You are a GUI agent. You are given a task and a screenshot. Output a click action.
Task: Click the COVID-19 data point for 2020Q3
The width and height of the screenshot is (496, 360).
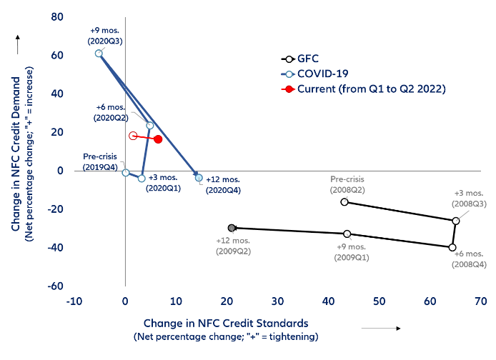tap(99, 54)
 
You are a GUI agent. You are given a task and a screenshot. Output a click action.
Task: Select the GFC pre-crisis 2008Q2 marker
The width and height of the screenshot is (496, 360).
tap(344, 202)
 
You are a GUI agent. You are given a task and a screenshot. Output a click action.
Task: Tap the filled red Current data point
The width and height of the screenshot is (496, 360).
tap(158, 139)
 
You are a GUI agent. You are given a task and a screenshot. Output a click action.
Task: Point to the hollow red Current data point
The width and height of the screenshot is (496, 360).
tap(133, 136)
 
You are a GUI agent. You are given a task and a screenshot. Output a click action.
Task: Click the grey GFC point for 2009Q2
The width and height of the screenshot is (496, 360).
tap(232, 228)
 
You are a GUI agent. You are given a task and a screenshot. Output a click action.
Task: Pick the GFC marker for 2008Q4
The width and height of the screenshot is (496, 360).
tap(452, 247)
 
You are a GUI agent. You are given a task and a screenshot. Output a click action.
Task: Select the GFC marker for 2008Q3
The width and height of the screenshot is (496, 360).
tap(456, 221)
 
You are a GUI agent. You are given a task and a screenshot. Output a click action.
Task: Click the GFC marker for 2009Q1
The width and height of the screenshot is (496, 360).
tap(347, 234)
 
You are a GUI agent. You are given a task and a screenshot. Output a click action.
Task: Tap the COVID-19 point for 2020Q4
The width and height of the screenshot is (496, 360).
tap(199, 178)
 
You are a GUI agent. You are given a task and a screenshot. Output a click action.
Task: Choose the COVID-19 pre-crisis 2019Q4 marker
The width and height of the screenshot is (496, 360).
tap(126, 172)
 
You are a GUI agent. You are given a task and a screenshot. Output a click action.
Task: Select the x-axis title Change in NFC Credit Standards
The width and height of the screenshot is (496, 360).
tap(226, 323)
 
